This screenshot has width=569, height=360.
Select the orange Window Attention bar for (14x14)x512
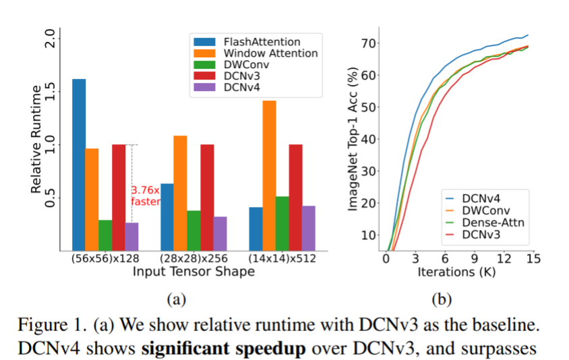pyautogui.click(x=269, y=175)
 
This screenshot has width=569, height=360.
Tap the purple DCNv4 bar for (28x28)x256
pyautogui.click(x=220, y=233)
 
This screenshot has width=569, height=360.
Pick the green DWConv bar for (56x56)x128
pyautogui.click(x=105, y=234)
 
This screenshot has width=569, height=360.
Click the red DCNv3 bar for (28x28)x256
pyautogui.click(x=207, y=196)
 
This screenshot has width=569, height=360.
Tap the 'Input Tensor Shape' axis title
pyautogui.click(x=193, y=271)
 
